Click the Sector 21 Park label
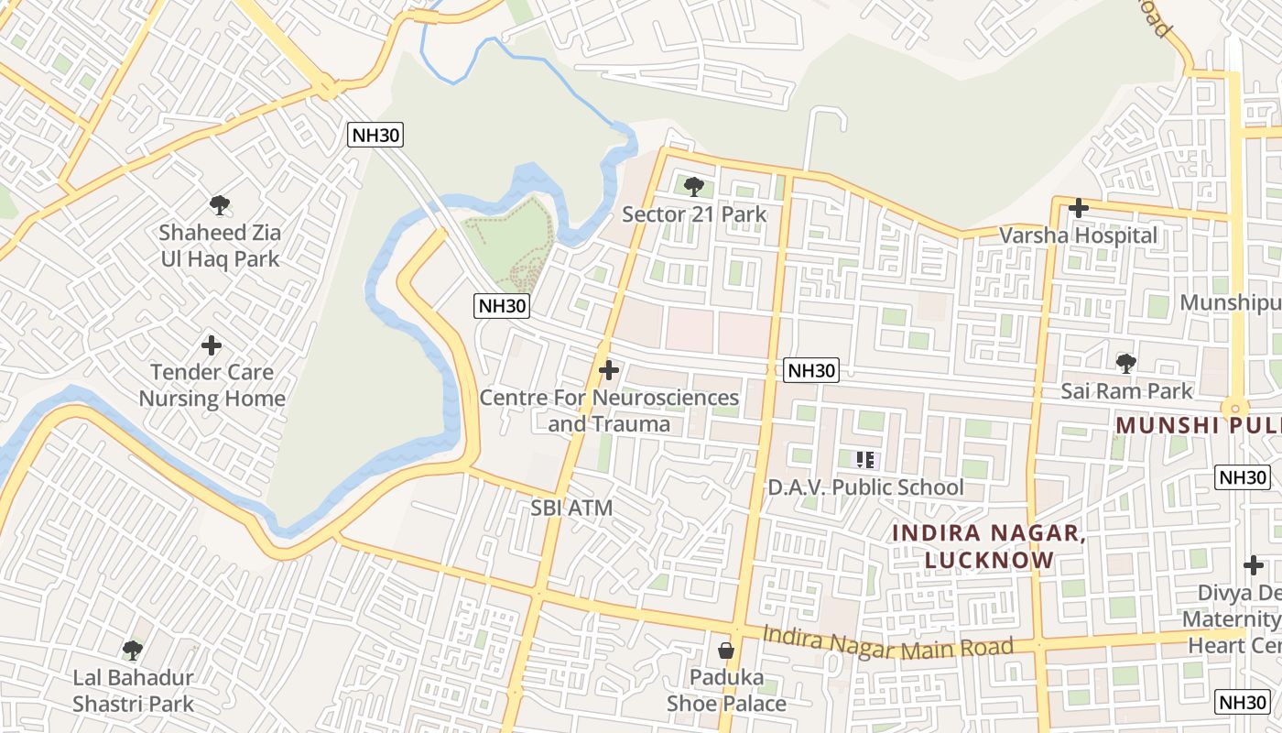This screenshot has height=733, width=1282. click(694, 214)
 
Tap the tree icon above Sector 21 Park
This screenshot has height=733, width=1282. click(694, 187)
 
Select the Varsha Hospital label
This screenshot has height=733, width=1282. click(1078, 235)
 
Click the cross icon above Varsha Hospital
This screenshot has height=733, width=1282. click(1079, 208)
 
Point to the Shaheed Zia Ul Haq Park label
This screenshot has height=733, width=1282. click(220, 246)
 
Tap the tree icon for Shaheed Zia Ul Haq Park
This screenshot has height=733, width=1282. click(219, 205)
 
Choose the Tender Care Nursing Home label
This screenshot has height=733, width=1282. click(212, 385)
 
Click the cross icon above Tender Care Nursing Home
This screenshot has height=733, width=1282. click(212, 345)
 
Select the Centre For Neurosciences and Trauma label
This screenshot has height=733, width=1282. click(609, 410)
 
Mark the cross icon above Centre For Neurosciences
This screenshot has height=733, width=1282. click(608, 371)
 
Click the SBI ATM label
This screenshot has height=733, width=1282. click(571, 508)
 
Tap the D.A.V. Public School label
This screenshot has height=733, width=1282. click(865, 487)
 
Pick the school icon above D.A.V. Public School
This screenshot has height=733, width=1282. click(865, 460)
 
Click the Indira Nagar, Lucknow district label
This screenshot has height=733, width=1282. click(989, 546)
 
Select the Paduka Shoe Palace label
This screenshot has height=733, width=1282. click(726, 690)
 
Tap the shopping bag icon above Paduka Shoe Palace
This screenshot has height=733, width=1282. click(726, 651)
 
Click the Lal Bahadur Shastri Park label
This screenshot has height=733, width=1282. click(133, 691)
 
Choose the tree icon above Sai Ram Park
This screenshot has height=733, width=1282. click(1125, 364)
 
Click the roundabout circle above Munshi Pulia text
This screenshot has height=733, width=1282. click(1234, 409)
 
